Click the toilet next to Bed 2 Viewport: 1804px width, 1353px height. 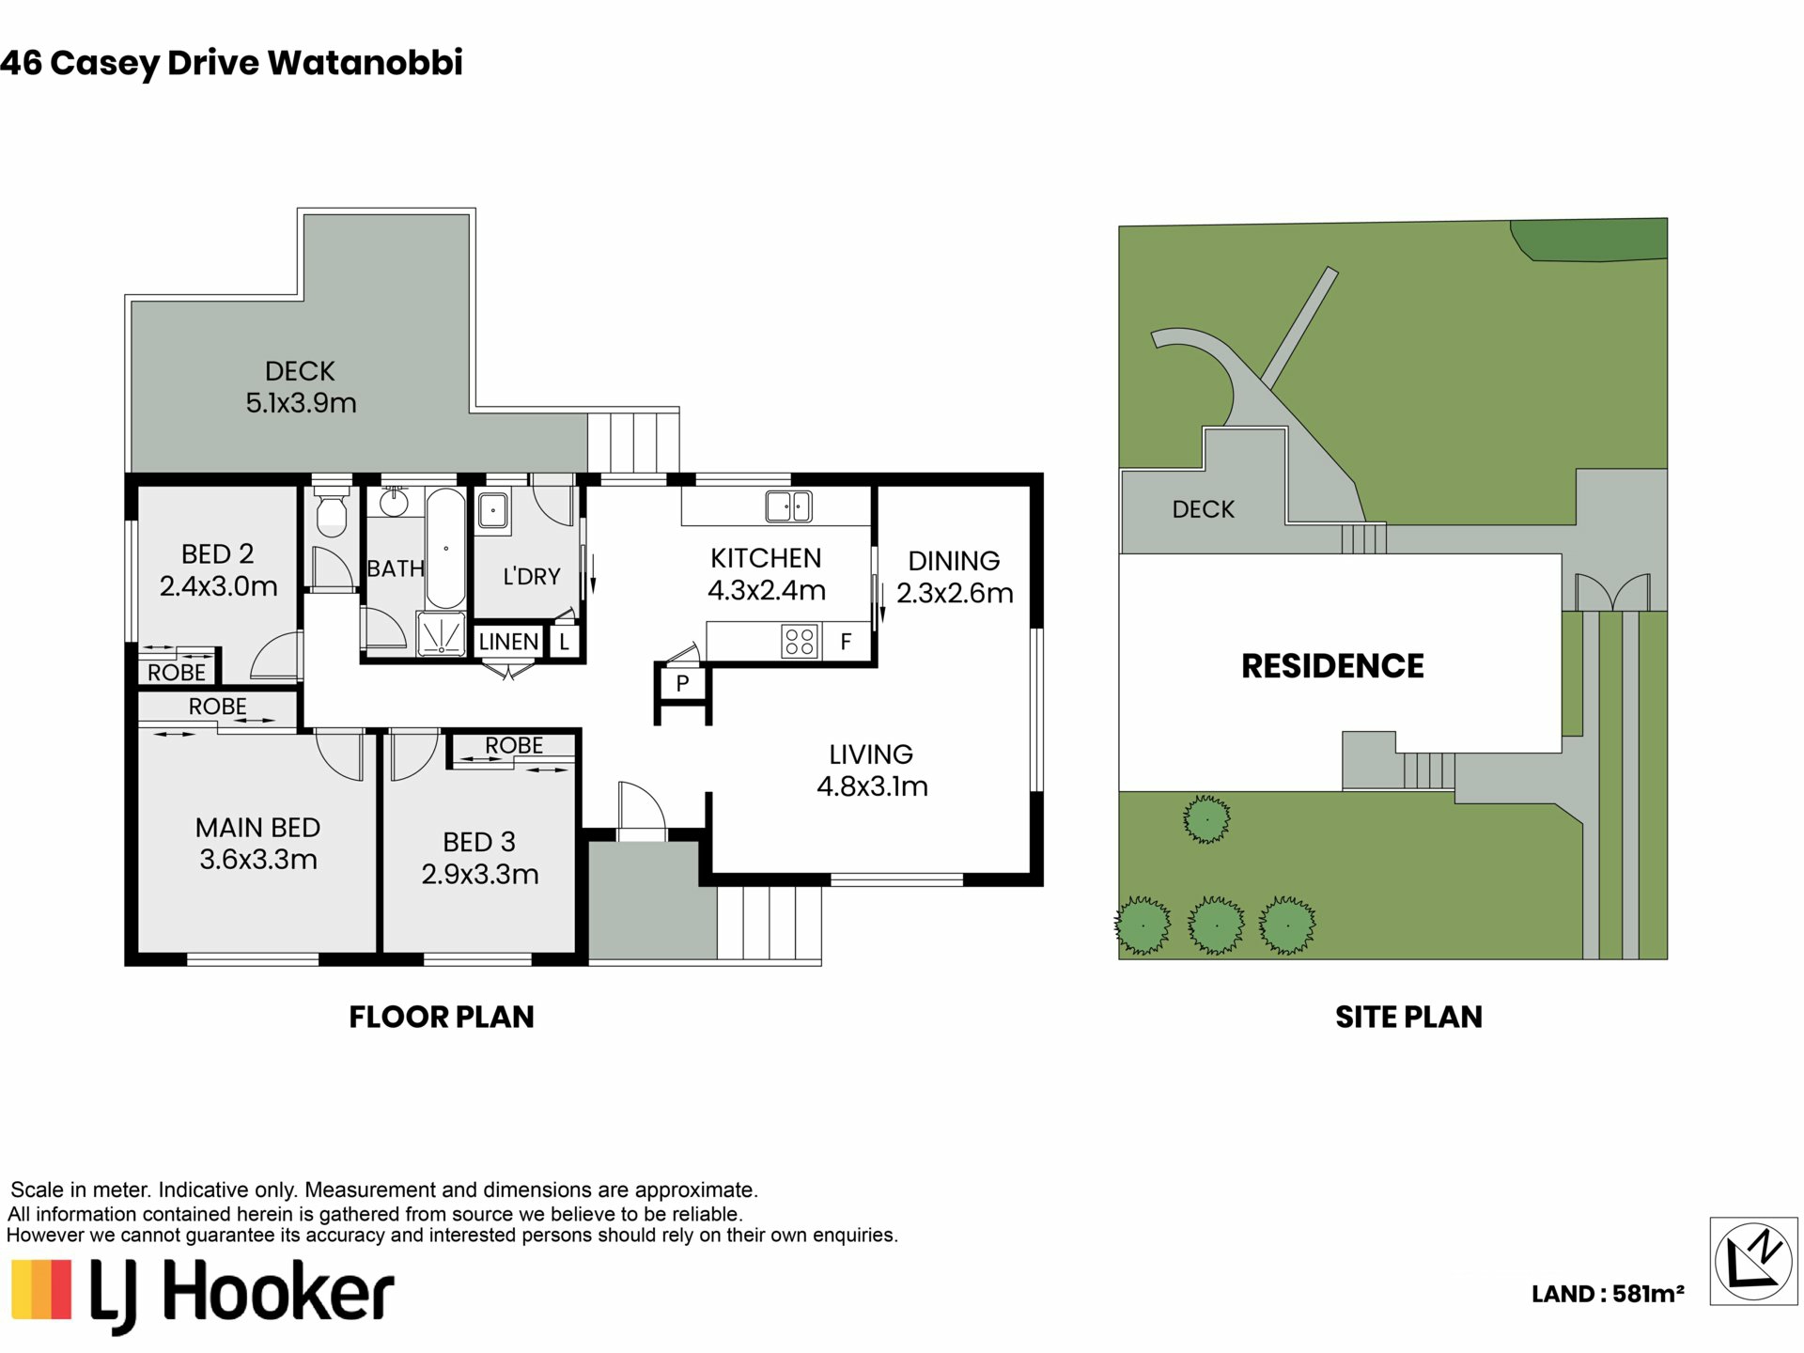[x=330, y=509]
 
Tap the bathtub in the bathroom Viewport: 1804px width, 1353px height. [x=445, y=549]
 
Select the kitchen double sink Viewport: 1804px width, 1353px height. [x=788, y=506]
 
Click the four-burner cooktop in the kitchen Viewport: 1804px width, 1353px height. [x=800, y=642]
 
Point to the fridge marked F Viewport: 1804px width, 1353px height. [x=846, y=642]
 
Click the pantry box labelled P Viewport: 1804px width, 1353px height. [x=682, y=683]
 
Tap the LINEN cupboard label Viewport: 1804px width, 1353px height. [x=508, y=642]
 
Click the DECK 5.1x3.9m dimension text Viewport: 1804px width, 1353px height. [x=302, y=403]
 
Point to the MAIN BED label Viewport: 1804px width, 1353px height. [x=257, y=828]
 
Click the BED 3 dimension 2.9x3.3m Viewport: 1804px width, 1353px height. [x=480, y=875]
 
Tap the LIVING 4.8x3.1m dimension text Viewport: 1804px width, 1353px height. [x=872, y=786]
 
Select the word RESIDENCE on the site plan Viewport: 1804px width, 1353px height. [x=1332, y=666]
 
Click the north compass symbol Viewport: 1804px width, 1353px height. [x=1753, y=1261]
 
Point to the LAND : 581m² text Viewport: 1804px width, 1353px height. [x=1608, y=1294]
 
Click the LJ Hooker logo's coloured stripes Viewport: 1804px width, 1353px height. [x=41, y=1289]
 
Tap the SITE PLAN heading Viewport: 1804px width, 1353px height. [x=1408, y=1017]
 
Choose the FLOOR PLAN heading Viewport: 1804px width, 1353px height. [x=442, y=1017]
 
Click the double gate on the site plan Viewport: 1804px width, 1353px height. [x=1612, y=593]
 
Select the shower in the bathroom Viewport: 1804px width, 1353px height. [x=440, y=635]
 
